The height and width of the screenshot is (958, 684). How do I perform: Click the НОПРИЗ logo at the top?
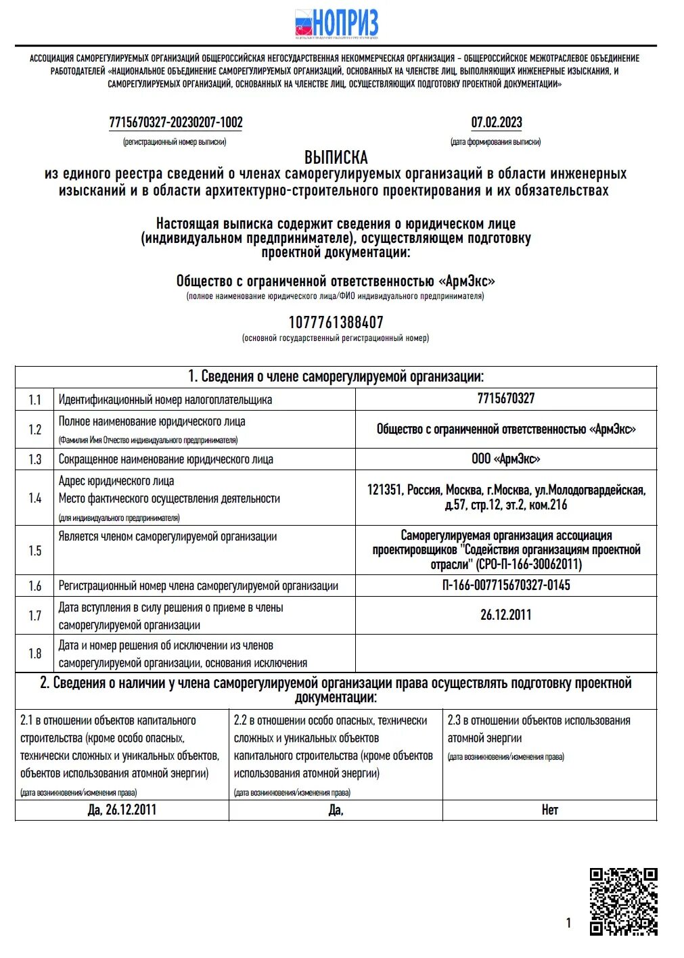pyautogui.click(x=336, y=24)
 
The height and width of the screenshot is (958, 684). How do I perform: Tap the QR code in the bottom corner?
pyautogui.click(x=623, y=901)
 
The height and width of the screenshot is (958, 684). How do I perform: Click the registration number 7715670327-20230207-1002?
pyautogui.click(x=175, y=122)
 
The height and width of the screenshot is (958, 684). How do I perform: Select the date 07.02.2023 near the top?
pyautogui.click(x=497, y=122)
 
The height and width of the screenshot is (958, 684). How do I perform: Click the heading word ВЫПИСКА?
pyautogui.click(x=336, y=158)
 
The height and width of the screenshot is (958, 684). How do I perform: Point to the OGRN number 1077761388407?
pyautogui.click(x=336, y=322)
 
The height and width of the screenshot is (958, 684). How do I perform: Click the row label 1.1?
pyautogui.click(x=35, y=400)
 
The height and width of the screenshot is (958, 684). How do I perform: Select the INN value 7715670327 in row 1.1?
pyautogui.click(x=505, y=398)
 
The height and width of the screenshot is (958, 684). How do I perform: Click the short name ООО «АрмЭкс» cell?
pyautogui.click(x=505, y=459)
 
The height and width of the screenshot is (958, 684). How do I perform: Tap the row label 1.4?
pyautogui.click(x=35, y=498)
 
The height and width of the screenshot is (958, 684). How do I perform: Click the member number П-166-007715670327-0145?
pyautogui.click(x=505, y=585)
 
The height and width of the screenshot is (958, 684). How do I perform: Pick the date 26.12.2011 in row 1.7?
pyautogui.click(x=505, y=615)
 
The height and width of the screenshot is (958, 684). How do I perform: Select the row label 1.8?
pyautogui.click(x=35, y=654)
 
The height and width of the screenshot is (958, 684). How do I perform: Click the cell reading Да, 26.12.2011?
pyautogui.click(x=122, y=810)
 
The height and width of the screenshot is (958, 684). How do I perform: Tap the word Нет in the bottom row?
pyautogui.click(x=549, y=810)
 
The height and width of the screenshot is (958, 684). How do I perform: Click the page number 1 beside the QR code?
pyautogui.click(x=568, y=923)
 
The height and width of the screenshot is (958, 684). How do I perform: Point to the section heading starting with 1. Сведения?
pyautogui.click(x=336, y=377)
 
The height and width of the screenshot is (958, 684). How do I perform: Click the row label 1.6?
pyautogui.click(x=35, y=586)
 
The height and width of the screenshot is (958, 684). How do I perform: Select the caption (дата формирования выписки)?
pyautogui.click(x=495, y=142)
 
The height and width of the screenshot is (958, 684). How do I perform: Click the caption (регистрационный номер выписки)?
pyautogui.click(x=175, y=142)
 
